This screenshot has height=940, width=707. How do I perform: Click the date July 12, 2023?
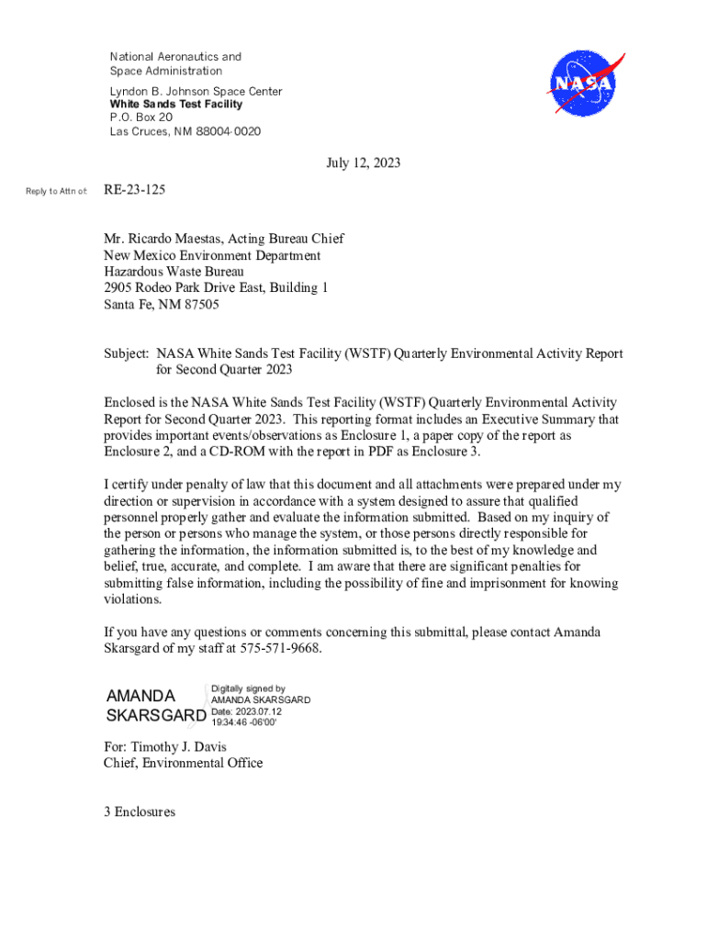pyautogui.click(x=364, y=163)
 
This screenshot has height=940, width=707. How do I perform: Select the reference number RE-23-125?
pyautogui.click(x=135, y=190)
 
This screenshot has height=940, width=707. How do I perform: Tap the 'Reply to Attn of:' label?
pyautogui.click(x=57, y=191)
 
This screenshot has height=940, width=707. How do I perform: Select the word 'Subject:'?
pyautogui.click(x=127, y=353)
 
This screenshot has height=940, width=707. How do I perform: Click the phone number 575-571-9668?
pyautogui.click(x=280, y=649)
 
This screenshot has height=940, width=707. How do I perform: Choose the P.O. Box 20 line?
pyautogui.click(x=141, y=117)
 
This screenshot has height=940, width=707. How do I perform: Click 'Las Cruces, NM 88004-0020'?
pyautogui.click(x=185, y=131)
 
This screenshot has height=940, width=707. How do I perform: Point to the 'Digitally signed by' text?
pyautogui.click(x=248, y=688)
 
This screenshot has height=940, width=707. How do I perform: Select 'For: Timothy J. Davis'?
pyautogui.click(x=165, y=746)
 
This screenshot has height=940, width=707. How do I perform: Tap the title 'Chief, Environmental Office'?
pyautogui.click(x=183, y=763)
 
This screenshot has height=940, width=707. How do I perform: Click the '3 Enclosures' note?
pyautogui.click(x=140, y=812)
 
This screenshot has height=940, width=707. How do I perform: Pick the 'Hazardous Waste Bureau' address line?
pyautogui.click(x=174, y=272)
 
